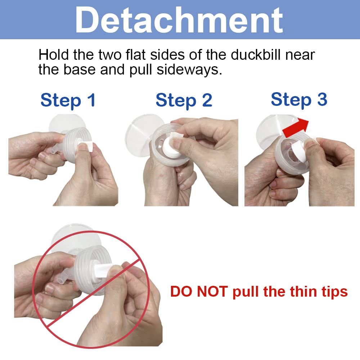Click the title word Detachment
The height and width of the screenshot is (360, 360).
pos(179,20)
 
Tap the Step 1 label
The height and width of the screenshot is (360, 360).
pos(68,100)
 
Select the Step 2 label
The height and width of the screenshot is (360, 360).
pos(184,100)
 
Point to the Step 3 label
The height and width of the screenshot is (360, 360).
pos(299,100)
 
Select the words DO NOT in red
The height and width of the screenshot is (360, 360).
pos(199,292)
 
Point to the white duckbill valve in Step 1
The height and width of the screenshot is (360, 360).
pos(85,146)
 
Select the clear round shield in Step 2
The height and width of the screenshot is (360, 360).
pos(144,134)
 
